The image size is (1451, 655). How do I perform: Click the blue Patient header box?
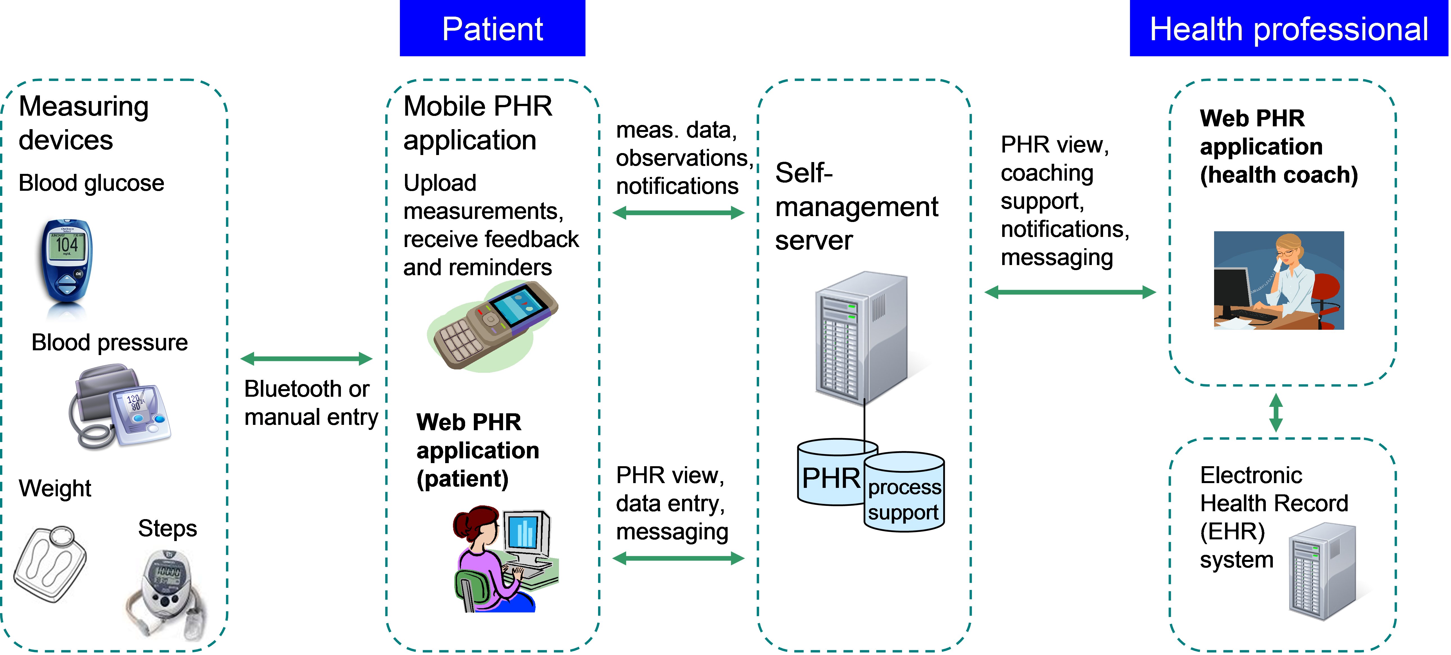coord(492,28)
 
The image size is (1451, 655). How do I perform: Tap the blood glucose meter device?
coord(67,265)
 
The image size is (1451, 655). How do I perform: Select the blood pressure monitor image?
coord(119,406)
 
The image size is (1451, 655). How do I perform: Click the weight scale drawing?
coord(49,564)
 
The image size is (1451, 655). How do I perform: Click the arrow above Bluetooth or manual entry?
coord(306,358)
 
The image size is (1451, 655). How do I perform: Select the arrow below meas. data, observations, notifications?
coord(678,212)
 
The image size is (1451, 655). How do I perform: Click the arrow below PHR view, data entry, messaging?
coord(678,558)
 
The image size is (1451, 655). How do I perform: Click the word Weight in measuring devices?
coord(55,488)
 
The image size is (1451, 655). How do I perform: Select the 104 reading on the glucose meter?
coord(67,244)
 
